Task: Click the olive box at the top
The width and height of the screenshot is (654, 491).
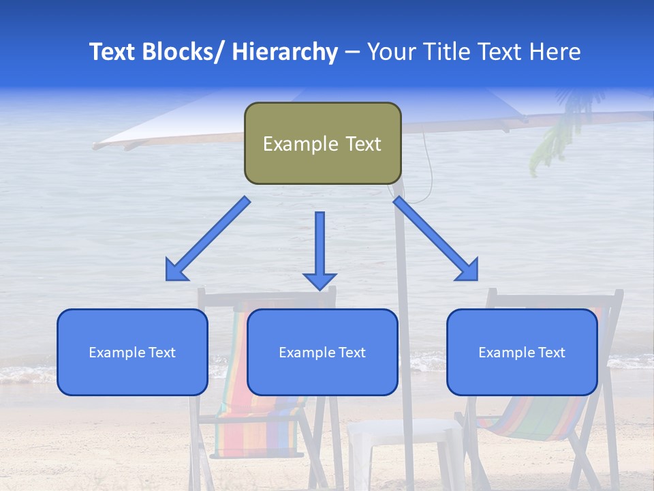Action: tap(322, 143)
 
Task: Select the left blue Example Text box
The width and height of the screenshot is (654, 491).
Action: tap(132, 352)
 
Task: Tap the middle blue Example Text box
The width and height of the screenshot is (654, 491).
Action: tap(322, 352)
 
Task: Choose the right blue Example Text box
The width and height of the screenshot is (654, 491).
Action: tap(522, 352)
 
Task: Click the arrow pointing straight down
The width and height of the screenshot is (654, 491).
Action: tap(320, 250)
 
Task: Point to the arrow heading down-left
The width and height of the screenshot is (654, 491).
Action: tap(208, 239)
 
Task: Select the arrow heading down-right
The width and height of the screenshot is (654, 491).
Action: tap(436, 239)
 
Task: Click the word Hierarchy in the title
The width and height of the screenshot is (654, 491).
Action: tap(285, 52)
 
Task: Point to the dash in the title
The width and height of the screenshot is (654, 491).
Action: tap(352, 52)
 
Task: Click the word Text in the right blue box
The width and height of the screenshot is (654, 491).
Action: tap(551, 352)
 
